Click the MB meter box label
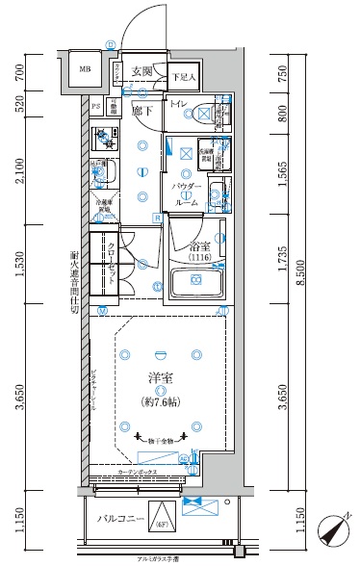(84, 70)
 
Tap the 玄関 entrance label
(142, 71)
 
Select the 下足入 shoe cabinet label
(183, 77)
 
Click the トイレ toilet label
(179, 105)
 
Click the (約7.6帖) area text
(159, 400)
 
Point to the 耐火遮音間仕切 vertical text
(74, 284)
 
